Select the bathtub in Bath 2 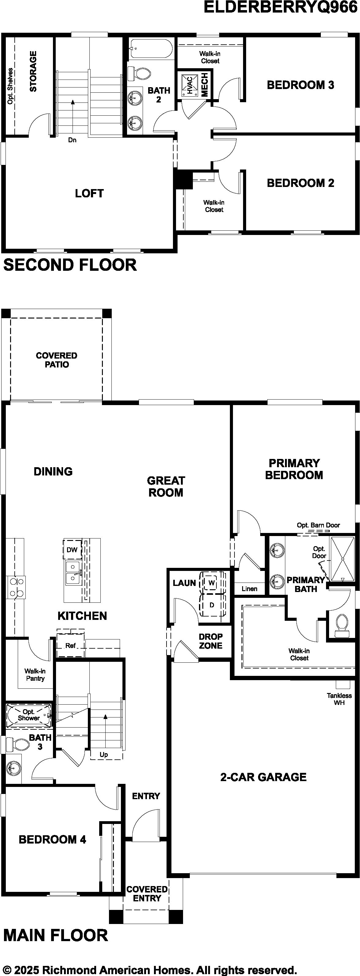[150, 48]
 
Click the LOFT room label [89, 193]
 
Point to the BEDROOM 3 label [301, 85]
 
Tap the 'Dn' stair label [72, 140]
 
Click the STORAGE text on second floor [33, 71]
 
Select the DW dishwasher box [72, 550]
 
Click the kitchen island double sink [73, 572]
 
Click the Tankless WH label [339, 699]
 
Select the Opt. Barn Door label [318, 525]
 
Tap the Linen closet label [249, 589]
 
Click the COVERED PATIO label [56, 360]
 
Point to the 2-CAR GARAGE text [263, 777]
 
